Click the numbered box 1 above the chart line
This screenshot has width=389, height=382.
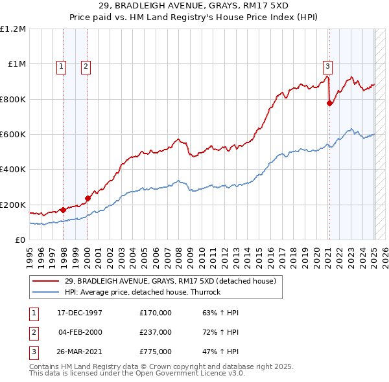click(x=61, y=65)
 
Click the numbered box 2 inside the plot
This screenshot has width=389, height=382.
click(x=86, y=65)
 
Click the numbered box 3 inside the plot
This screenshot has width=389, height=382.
click(x=327, y=65)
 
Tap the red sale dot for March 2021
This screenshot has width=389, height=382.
click(x=330, y=103)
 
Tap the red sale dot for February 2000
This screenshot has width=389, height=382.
click(x=88, y=198)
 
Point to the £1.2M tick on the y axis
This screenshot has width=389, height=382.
click(x=14, y=29)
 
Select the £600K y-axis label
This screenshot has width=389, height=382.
click(x=13, y=135)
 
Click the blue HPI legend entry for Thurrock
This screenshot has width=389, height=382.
click(x=142, y=292)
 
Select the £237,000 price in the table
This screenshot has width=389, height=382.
click(x=156, y=332)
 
